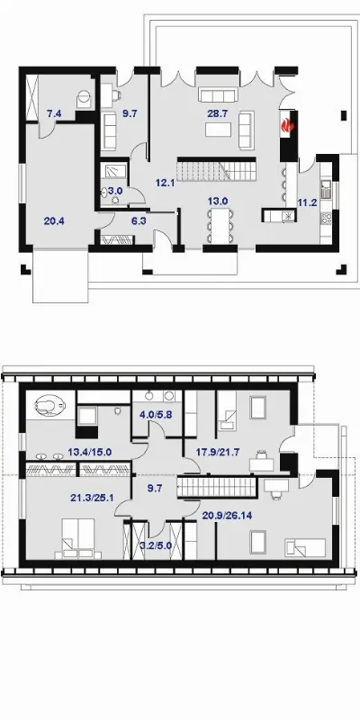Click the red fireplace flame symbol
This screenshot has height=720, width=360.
287,125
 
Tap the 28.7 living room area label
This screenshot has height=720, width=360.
218,114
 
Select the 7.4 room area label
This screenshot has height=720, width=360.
54,114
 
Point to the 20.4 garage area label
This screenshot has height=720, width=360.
54,220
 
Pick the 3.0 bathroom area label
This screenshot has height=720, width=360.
115,190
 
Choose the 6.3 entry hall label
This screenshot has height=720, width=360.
139,220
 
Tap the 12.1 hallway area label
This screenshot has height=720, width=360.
165,184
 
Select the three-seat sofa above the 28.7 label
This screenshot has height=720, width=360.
218,95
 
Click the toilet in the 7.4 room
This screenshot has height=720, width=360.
85,98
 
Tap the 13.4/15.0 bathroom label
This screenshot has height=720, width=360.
89,452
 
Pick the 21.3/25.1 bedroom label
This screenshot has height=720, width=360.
93,498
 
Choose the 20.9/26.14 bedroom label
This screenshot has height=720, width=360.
227,515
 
